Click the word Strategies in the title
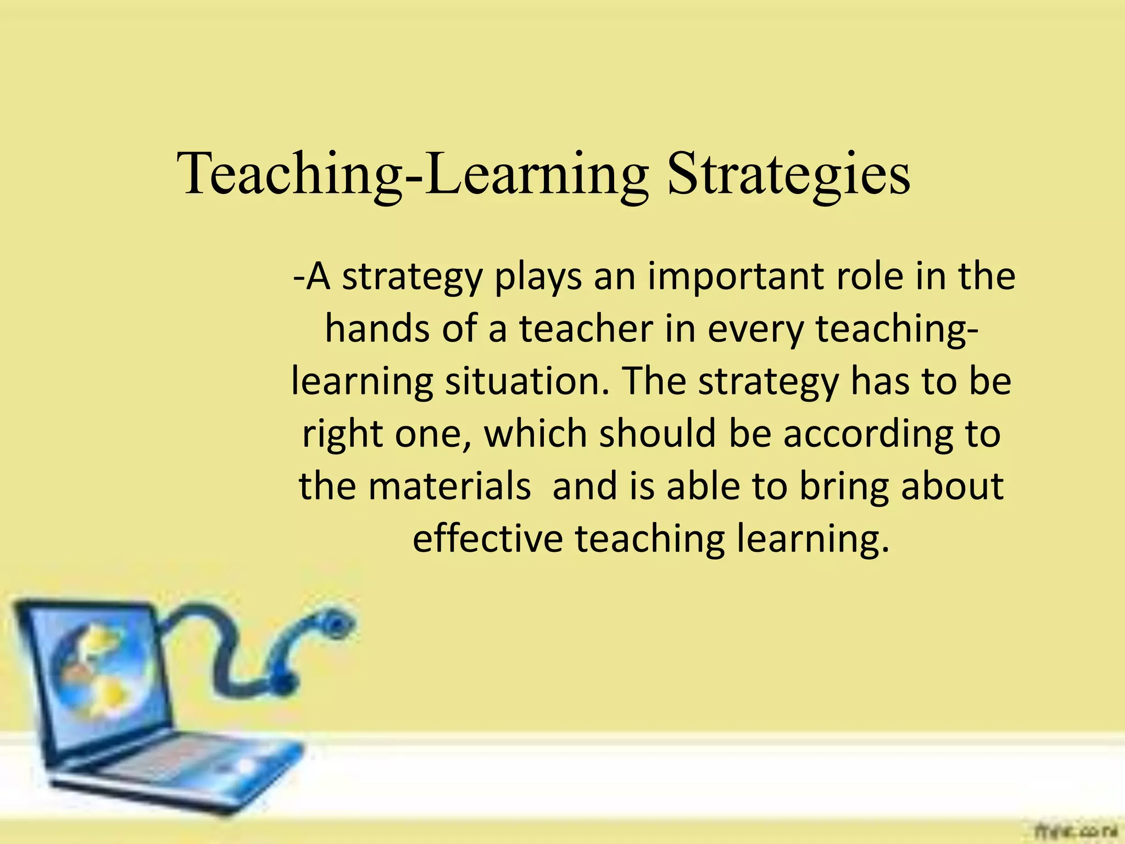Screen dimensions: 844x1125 click(789, 175)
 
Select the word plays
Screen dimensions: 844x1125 click(537, 277)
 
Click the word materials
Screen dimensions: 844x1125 click(449, 486)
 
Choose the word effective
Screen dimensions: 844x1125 click(487, 538)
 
